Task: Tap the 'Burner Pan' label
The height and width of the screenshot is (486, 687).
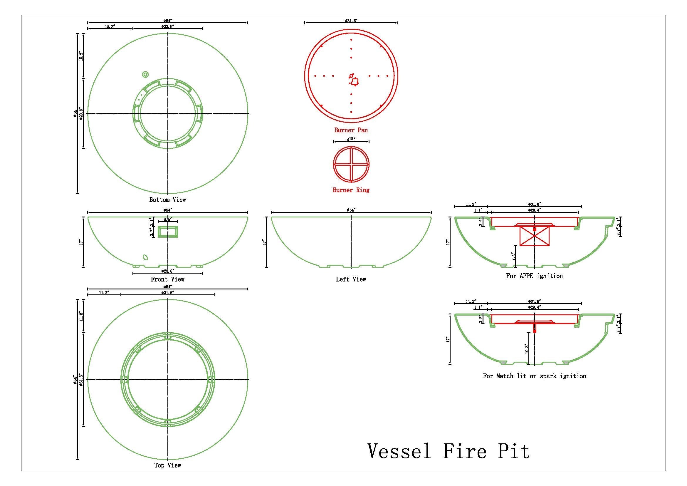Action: (x=351, y=130)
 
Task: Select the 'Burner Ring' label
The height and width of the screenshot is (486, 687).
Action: (x=351, y=190)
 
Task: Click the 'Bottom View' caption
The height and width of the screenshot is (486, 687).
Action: (x=167, y=200)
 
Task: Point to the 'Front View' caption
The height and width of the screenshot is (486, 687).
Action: (x=167, y=279)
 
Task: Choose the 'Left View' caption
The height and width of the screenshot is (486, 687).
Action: (x=351, y=279)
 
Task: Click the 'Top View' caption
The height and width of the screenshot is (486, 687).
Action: (x=167, y=474)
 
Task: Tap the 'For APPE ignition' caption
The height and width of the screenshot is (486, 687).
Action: (x=534, y=276)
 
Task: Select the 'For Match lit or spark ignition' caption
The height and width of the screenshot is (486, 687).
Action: (x=534, y=376)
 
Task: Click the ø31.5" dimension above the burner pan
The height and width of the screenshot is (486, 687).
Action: (x=351, y=21)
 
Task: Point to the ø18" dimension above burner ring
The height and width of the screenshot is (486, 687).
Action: (x=351, y=139)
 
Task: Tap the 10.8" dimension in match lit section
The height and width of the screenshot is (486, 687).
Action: (x=527, y=349)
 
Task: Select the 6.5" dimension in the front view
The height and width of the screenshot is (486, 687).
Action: (x=167, y=219)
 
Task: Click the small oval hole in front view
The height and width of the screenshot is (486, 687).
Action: (x=145, y=257)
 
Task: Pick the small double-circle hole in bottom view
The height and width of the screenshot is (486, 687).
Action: (x=145, y=74)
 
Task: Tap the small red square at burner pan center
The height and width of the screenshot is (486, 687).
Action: (x=355, y=81)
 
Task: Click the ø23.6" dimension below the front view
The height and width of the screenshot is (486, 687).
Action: (x=167, y=271)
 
